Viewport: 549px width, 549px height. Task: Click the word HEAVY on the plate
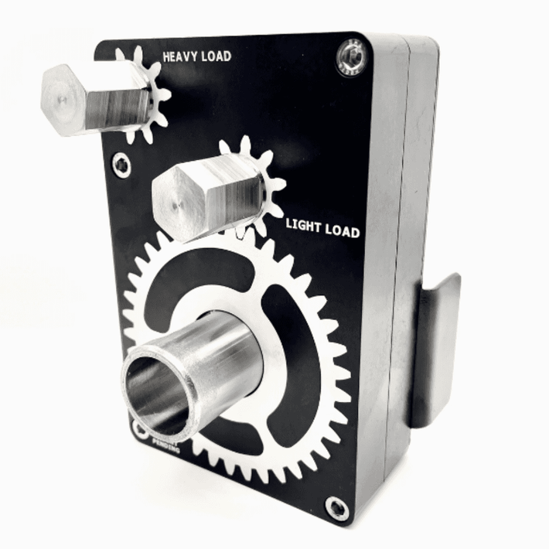(x=180, y=56)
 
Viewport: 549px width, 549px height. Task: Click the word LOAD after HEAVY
(x=216, y=56)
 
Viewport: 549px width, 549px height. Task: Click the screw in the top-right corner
(x=352, y=58)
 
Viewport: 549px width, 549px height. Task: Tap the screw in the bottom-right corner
(x=337, y=507)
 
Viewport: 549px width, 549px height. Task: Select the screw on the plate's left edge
(x=121, y=164)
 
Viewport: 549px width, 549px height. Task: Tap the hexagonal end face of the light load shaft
(x=176, y=196)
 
